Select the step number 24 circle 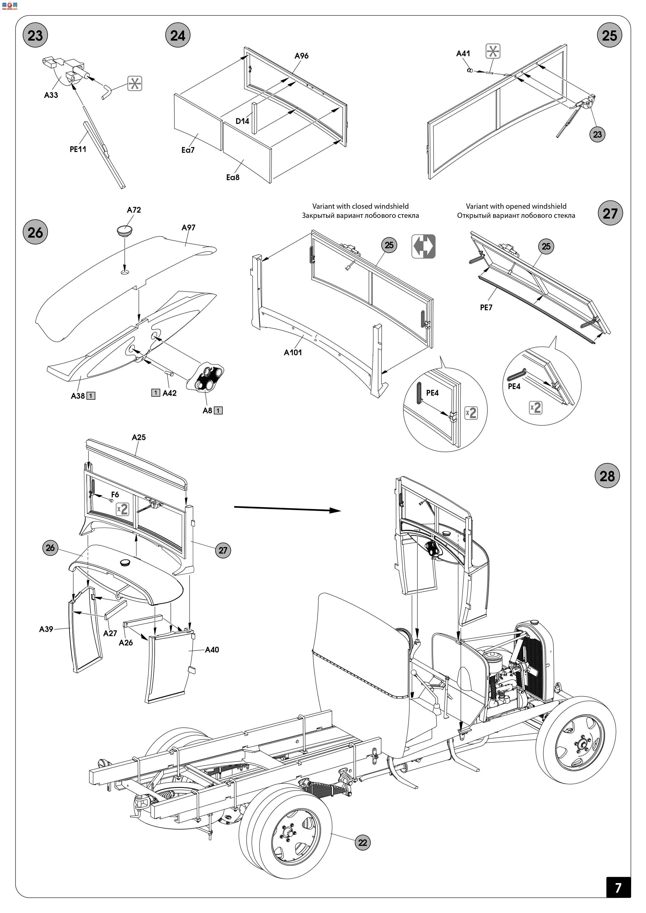tap(178, 35)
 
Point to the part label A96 tap(302, 56)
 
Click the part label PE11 tap(78, 149)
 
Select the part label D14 tap(242, 121)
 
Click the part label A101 tap(293, 352)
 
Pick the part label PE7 tap(486, 307)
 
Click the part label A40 tap(212, 650)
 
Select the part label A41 tap(463, 53)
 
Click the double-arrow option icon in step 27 tap(423, 246)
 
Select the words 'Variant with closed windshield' tap(360, 206)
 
